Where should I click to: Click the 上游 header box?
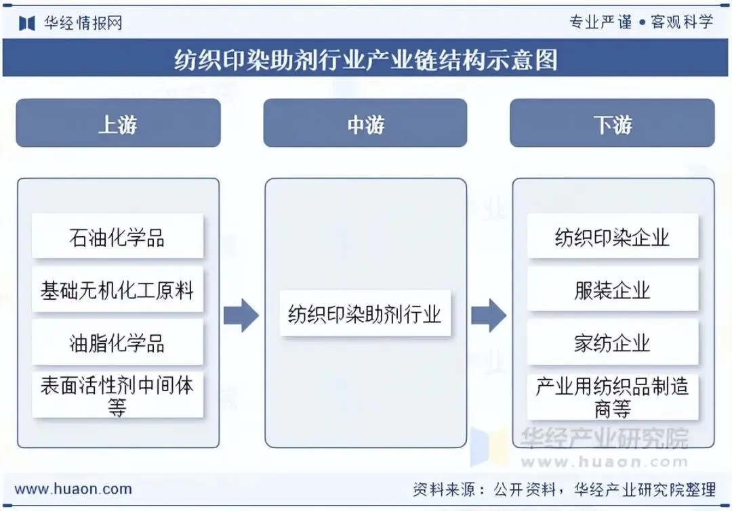[x=118, y=123]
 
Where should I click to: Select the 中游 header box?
[x=365, y=123]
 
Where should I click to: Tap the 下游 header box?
[x=612, y=123]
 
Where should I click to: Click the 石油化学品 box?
[x=117, y=237]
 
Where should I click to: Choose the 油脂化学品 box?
[x=117, y=342]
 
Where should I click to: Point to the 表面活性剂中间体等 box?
[x=117, y=395]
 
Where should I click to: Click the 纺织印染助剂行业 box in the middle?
[x=365, y=314]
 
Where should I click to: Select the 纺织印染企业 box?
[x=612, y=237]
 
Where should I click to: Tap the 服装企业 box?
[x=612, y=290]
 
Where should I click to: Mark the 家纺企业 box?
[x=612, y=342]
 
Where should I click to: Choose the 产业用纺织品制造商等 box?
[x=612, y=397]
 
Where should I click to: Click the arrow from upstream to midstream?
[x=241, y=315]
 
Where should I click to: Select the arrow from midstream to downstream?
[x=489, y=315]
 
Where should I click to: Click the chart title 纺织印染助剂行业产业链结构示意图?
[x=366, y=60]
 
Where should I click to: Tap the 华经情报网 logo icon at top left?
[x=27, y=23]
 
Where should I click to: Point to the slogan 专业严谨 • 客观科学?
[x=640, y=22]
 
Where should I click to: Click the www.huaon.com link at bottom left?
[x=73, y=489]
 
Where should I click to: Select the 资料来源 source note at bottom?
[x=564, y=489]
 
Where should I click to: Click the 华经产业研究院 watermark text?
[x=603, y=439]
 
